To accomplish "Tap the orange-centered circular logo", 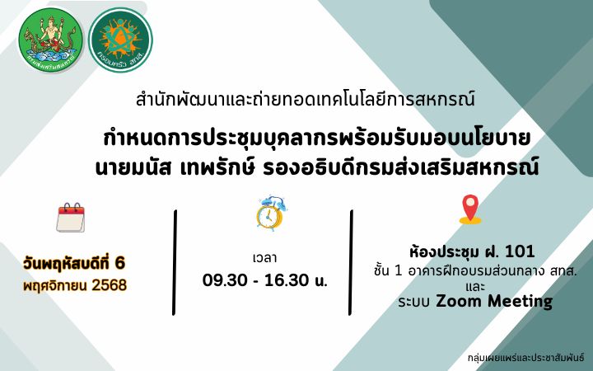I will (120, 40).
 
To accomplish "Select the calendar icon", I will (71, 218).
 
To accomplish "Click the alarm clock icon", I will (268, 213).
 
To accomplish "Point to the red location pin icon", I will (470, 209).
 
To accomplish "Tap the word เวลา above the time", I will (265, 257).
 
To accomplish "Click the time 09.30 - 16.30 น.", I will (265, 280).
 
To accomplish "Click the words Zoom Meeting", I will (494, 302).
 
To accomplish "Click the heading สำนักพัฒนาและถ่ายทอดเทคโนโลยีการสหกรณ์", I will (305, 101).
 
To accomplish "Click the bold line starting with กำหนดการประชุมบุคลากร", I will (317, 136).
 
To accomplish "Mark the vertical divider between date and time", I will (175, 251).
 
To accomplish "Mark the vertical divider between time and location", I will (352, 251).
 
